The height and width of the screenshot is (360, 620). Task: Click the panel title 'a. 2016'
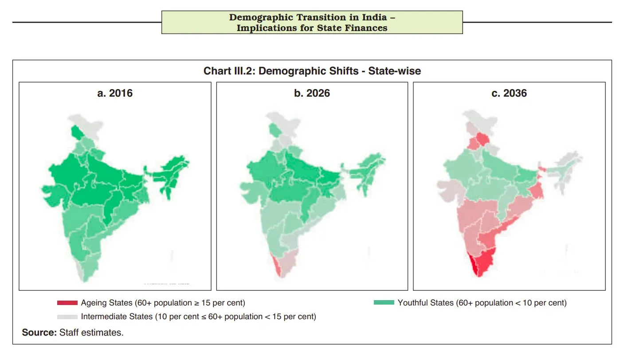115,93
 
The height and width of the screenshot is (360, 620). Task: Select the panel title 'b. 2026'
312,93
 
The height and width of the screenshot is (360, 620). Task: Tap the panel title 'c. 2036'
509,93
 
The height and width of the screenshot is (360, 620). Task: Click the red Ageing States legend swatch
67,303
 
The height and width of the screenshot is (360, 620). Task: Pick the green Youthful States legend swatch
384,302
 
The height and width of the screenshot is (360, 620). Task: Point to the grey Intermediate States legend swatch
67,317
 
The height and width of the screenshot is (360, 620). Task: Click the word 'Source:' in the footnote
39,333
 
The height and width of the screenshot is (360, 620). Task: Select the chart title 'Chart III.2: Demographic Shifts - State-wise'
312,71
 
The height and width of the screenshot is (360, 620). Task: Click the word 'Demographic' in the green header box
261,17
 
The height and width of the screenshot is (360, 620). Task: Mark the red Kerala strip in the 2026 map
277,265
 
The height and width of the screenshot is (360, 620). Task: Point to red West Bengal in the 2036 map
537,188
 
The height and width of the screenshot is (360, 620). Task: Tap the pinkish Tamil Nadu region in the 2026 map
288,262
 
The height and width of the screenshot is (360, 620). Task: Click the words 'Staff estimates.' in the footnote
91,333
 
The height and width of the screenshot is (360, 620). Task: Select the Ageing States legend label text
163,303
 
